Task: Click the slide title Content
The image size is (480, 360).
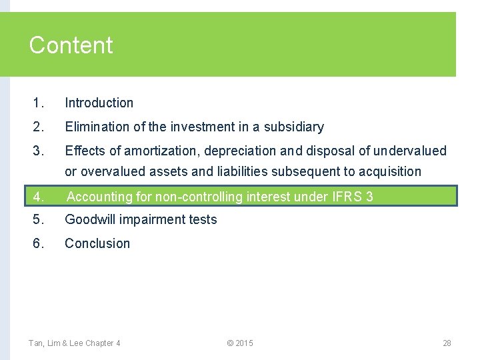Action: (71, 45)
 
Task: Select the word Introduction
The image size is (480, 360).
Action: (99, 103)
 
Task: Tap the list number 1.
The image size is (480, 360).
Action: (38, 103)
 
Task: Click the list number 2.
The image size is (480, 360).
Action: (38, 127)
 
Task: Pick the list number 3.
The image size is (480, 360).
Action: (38, 151)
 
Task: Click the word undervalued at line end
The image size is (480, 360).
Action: (410, 151)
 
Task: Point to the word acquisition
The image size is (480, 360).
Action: (390, 172)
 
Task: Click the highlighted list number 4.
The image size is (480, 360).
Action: (38, 197)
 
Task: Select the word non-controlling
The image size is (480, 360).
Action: (201, 197)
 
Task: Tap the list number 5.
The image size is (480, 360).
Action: (38, 219)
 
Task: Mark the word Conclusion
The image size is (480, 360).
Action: (97, 243)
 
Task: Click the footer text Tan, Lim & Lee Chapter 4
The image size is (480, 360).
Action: (75, 343)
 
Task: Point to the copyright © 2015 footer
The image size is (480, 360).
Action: (240, 343)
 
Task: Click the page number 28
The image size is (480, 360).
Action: (447, 343)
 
